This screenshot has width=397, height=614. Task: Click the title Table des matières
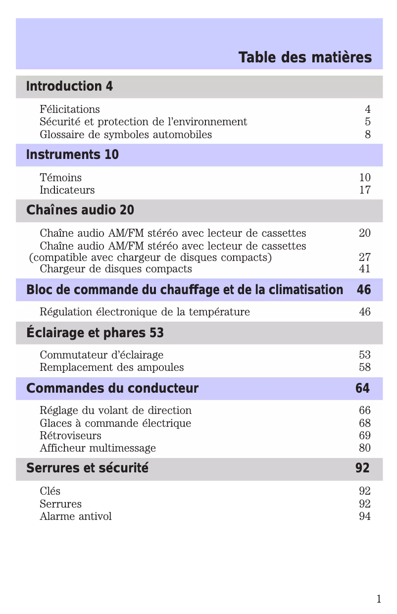point(305,57)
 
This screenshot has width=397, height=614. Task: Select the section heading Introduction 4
point(69,87)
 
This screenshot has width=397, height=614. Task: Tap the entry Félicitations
point(70,109)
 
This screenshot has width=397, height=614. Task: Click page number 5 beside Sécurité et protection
point(367,122)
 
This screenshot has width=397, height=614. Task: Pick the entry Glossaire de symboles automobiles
point(126,135)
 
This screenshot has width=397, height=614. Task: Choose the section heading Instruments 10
point(72,155)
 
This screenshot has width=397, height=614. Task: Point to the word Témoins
point(60,178)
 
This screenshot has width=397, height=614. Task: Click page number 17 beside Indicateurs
point(365,190)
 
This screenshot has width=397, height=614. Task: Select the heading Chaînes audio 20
point(80,210)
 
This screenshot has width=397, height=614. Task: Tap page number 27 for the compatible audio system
point(365,257)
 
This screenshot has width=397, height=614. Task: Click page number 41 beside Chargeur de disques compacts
point(365,269)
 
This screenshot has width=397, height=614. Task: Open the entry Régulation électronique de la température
point(145,312)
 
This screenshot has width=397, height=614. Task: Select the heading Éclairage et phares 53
point(95,333)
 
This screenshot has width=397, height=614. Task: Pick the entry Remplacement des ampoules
point(111,367)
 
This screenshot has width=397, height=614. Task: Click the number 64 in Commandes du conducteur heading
point(362,389)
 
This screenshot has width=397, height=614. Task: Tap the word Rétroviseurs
point(70,436)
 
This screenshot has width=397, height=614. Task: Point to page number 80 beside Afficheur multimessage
point(365,448)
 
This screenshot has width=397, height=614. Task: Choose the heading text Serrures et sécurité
point(87,468)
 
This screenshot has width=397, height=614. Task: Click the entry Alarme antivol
point(76,516)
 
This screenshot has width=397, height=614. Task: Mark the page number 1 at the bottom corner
point(379,600)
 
